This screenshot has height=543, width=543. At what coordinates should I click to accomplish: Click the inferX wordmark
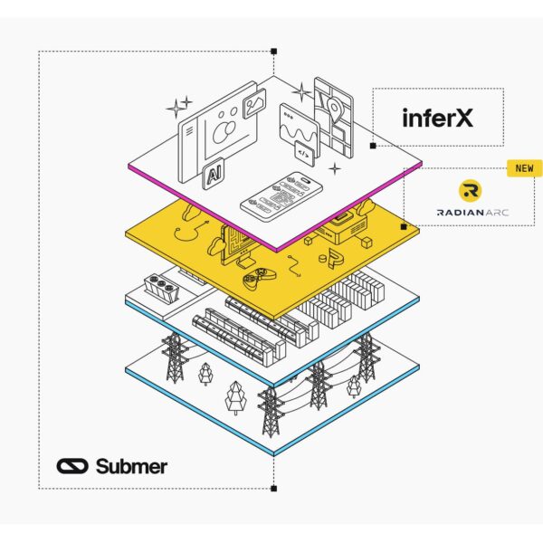pos(438,117)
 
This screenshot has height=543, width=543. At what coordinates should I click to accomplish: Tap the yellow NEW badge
pos(524,167)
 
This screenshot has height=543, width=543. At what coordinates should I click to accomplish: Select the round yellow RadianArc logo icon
pos(471,190)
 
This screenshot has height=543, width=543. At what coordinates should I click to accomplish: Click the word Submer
pos(131,466)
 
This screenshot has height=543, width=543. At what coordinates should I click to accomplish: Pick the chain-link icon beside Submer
pos(71,466)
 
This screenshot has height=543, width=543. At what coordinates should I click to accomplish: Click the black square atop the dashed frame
pos(273,52)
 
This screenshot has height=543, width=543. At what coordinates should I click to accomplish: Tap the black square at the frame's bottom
pos(273,489)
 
